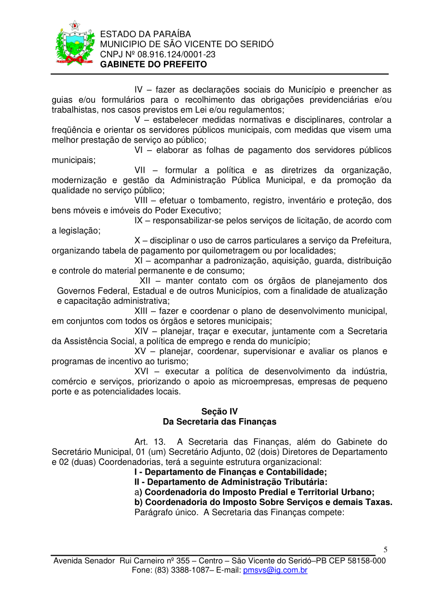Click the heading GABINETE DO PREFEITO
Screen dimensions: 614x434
click(153, 65)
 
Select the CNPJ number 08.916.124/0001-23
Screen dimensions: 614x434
click(176, 55)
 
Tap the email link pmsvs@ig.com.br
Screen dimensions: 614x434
click(275, 570)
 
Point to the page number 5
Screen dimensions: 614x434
click(385, 549)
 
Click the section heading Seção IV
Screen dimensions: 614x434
click(219, 411)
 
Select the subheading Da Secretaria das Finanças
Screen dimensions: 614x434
click(219, 422)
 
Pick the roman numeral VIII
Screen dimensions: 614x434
click(143, 200)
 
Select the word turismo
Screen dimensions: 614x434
click(170, 361)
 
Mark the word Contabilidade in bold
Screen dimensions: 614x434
click(296, 472)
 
